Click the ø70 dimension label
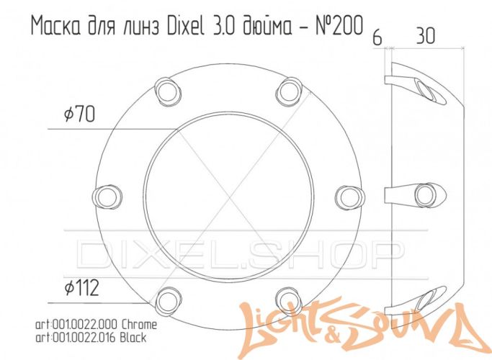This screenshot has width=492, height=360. click(79, 114)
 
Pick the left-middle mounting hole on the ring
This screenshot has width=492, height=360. click(109, 194)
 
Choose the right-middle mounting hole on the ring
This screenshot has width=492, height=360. click(349, 194)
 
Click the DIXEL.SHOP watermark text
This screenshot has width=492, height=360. click(238, 252)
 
